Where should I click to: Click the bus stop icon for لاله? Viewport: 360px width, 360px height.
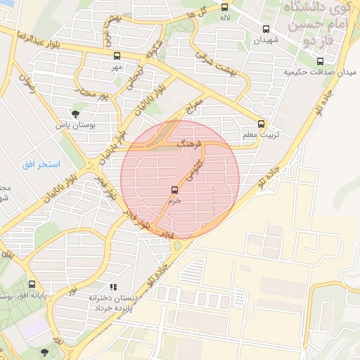click(224, 7)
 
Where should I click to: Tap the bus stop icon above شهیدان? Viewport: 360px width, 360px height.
click(266, 29)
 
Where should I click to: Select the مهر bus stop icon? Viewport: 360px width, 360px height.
click(116, 56)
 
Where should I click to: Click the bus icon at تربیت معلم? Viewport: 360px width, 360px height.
click(262, 123)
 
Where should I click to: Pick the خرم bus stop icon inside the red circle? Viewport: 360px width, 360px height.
click(174, 189)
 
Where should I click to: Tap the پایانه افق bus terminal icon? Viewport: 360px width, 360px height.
click(32, 285)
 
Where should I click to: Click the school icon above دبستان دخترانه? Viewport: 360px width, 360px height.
click(112, 287)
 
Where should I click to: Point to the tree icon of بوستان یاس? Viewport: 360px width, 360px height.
click(75, 112)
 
